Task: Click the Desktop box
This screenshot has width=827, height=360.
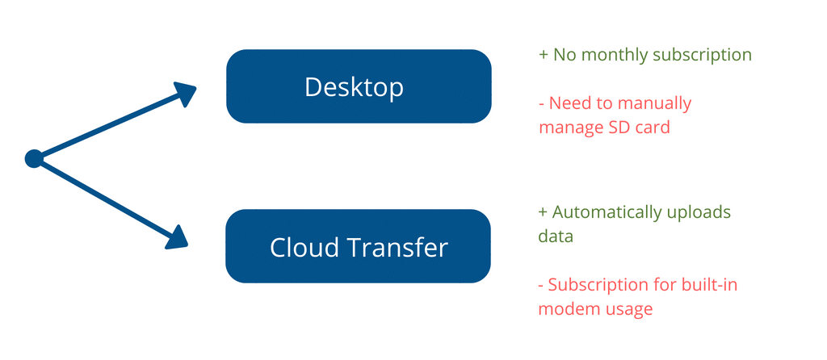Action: [x=359, y=86]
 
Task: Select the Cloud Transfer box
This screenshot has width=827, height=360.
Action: [x=358, y=246]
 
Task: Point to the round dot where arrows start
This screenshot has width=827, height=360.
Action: [x=34, y=159]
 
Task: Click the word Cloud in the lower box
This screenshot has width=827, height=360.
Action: [x=297, y=247]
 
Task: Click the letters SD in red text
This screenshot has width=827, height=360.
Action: [x=612, y=127]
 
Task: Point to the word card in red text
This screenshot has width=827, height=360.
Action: [x=649, y=127]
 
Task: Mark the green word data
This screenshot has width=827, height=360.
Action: [x=556, y=237]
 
